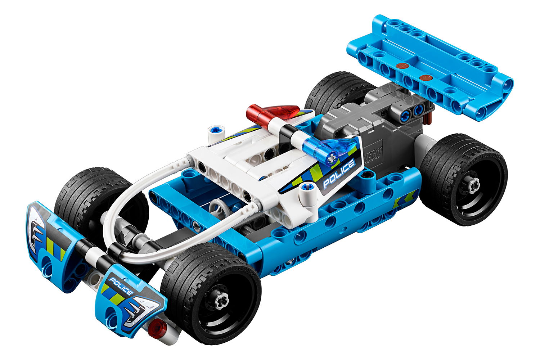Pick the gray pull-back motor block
pos(364,133)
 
